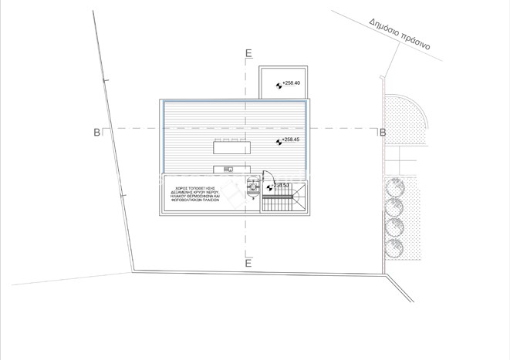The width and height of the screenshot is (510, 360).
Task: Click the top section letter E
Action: point(248,53)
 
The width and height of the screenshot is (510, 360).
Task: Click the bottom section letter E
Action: point(248,264)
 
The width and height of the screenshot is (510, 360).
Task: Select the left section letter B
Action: point(96,133)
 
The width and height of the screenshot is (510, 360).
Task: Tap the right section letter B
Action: point(382,133)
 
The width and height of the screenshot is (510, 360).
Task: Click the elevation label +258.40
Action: point(292,82)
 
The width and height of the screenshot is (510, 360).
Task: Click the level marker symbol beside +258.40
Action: point(277,83)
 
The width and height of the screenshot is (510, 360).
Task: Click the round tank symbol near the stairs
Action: point(251,185)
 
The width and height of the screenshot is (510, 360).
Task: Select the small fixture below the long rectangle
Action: point(228,169)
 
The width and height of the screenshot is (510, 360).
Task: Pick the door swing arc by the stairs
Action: point(267,175)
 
